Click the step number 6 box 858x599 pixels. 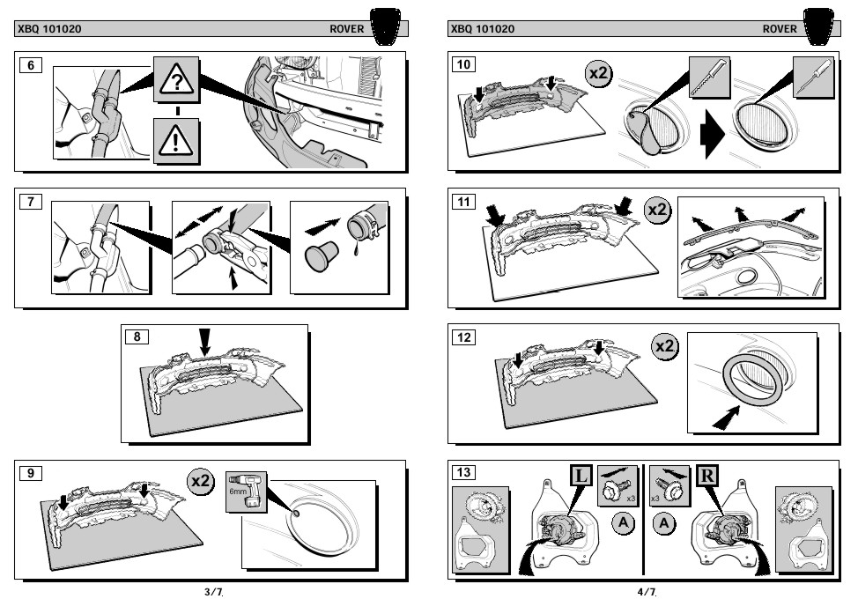coord(31,64)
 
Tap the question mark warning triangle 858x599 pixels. coord(178,82)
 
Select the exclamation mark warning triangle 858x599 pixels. coord(178,141)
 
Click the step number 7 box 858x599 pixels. coord(31,201)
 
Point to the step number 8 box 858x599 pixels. coord(137,336)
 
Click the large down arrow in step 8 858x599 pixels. coord(205,341)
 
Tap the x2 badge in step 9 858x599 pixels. coord(201,482)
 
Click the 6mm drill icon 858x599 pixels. coord(247,494)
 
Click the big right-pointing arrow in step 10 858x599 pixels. coord(711,137)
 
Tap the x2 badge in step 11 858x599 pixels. coord(658,211)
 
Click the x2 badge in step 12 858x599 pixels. coord(665,346)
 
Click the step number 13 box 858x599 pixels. coord(463,473)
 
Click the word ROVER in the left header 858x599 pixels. coord(347,29)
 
